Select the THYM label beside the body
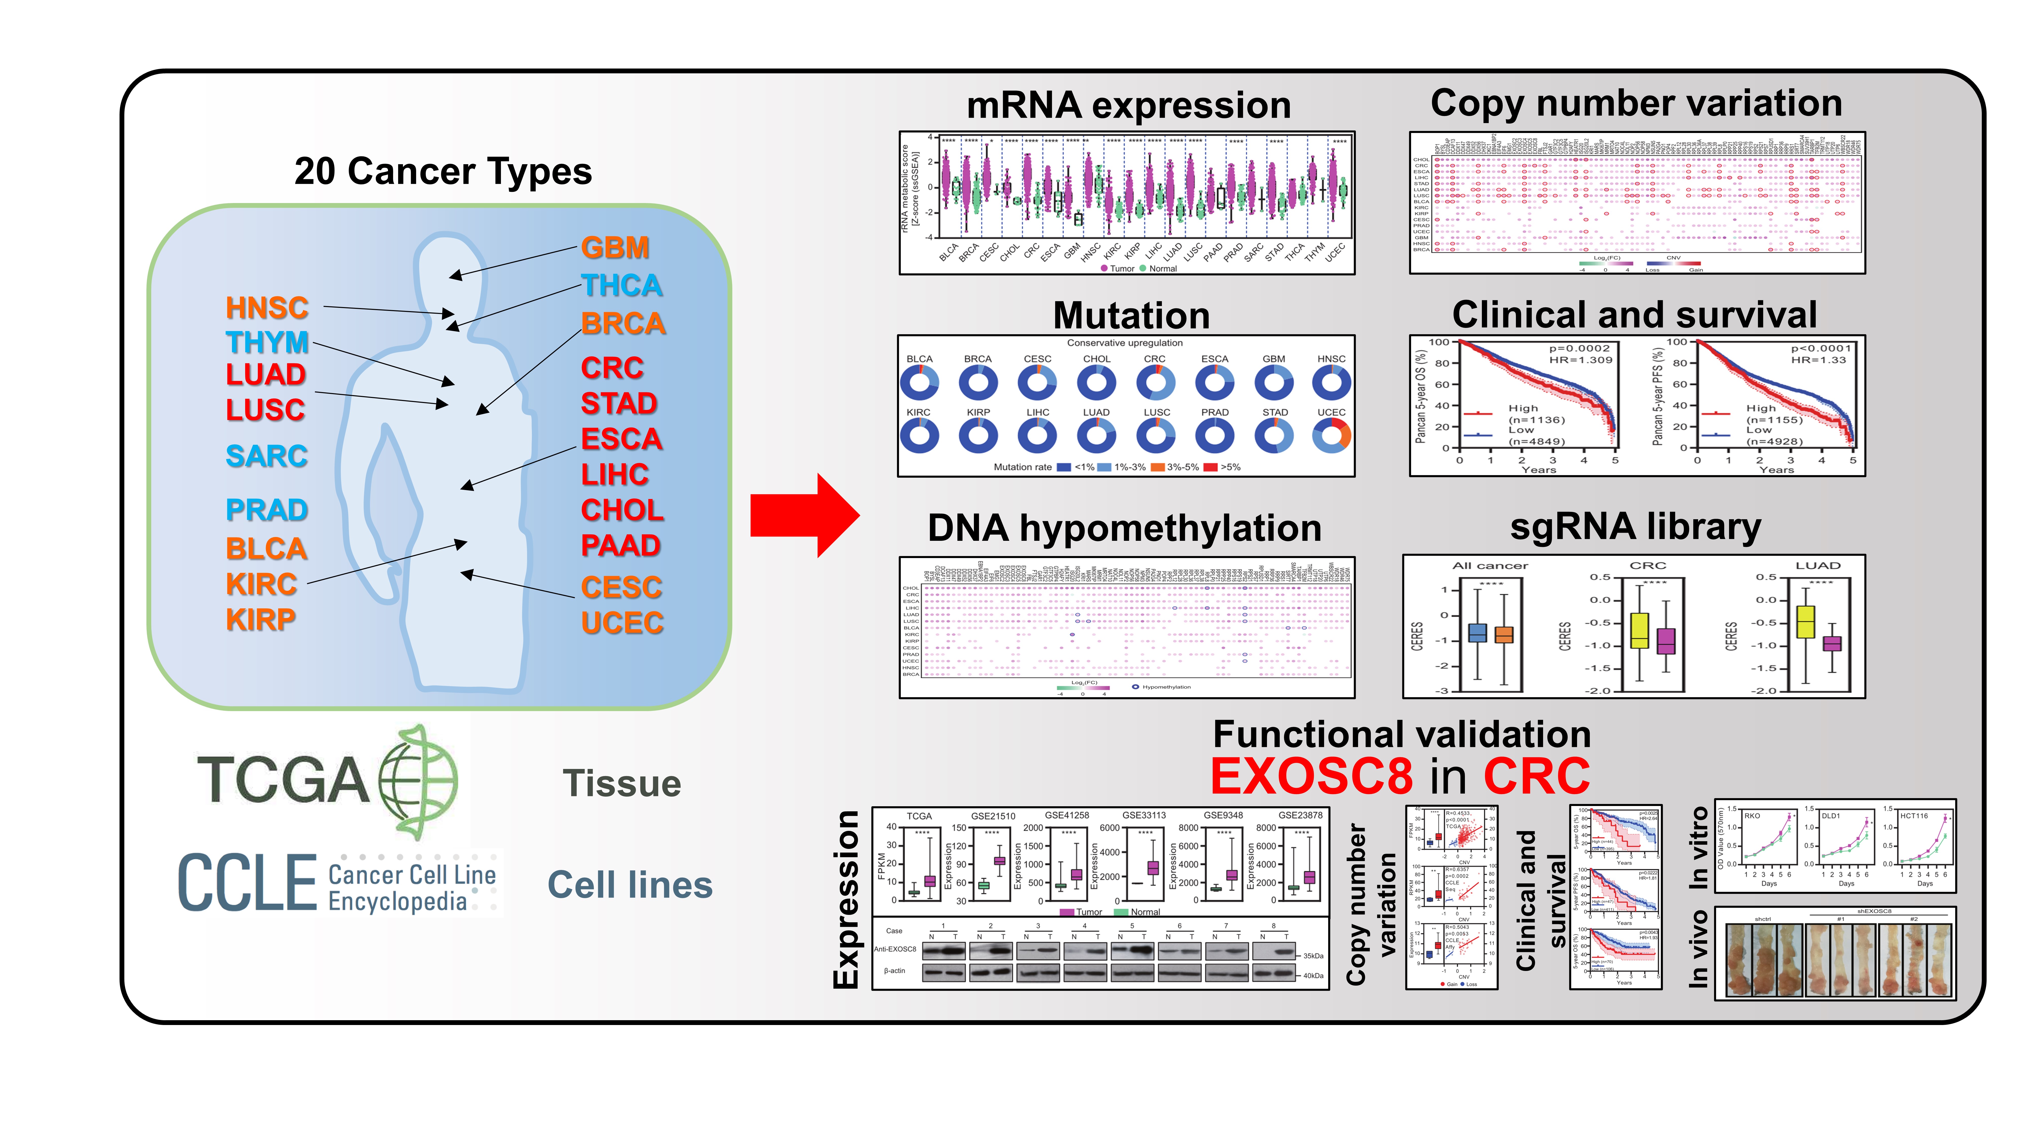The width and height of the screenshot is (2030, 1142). [x=266, y=342]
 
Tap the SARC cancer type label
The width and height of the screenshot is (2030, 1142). [x=266, y=456]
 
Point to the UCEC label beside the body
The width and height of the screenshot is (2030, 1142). [x=622, y=623]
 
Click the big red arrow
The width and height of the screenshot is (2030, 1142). [x=804, y=516]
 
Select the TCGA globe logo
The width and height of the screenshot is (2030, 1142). [x=418, y=780]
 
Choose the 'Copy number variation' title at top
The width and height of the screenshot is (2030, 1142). [x=1636, y=103]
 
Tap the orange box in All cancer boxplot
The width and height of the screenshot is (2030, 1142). [x=1503, y=634]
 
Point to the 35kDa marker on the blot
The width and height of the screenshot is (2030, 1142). [x=1313, y=956]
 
